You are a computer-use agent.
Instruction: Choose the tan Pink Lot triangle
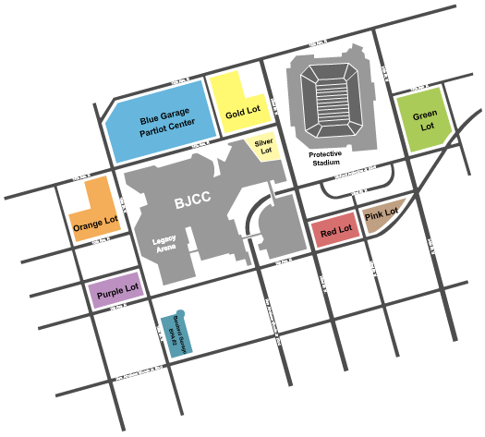click(x=381, y=215)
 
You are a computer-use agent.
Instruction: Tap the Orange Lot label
click(x=95, y=222)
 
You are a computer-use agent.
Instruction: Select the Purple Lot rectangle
click(x=115, y=291)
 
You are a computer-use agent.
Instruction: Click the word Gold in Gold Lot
click(x=235, y=115)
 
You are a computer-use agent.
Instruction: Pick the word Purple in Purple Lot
click(x=108, y=291)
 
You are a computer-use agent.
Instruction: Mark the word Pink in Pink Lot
click(x=373, y=218)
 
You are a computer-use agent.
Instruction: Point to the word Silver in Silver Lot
click(x=265, y=142)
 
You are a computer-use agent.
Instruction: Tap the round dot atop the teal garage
click(x=182, y=314)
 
